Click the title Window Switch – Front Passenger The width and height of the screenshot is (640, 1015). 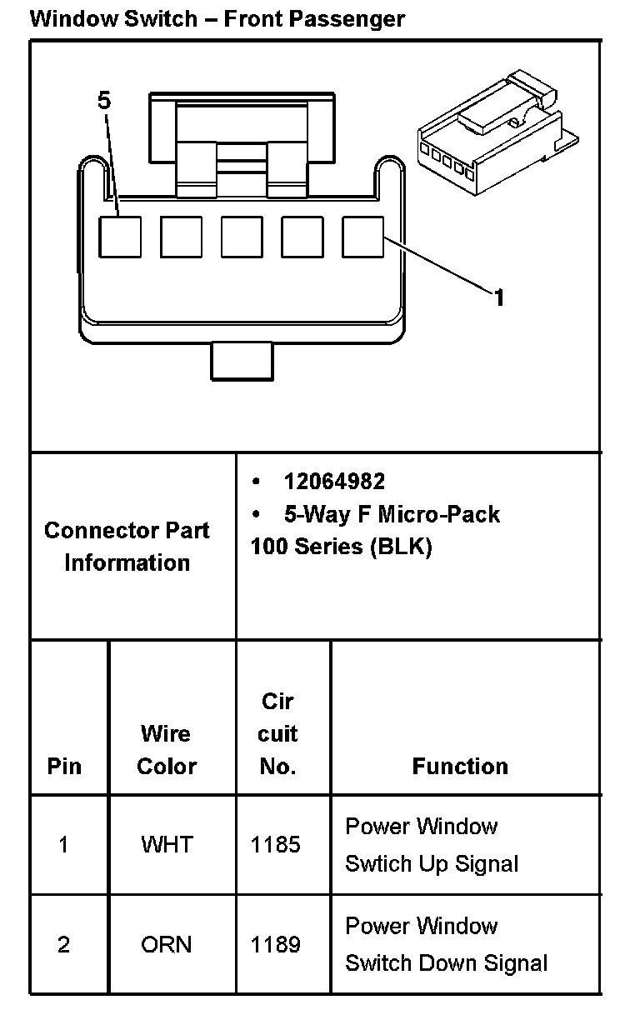217,18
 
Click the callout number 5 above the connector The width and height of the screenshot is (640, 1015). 103,101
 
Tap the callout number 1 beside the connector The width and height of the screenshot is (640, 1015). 498,297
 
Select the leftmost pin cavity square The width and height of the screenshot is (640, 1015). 120,237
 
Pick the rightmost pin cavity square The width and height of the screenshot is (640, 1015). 363,237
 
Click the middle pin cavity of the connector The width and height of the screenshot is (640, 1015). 242,237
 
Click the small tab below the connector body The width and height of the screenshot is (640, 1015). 242,359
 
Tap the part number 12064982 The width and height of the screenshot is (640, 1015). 334,482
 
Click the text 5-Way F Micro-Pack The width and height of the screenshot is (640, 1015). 392,514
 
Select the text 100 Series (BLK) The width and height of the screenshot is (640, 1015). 341,547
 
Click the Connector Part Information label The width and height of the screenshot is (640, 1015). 127,547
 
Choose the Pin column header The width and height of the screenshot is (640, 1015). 64,767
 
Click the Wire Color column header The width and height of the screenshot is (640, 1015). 167,750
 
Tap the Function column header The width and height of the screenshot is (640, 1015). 460,767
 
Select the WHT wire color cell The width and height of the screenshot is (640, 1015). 167,845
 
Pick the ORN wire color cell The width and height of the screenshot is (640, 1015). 167,945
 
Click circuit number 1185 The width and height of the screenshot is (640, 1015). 276,845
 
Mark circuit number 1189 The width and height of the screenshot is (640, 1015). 276,945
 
